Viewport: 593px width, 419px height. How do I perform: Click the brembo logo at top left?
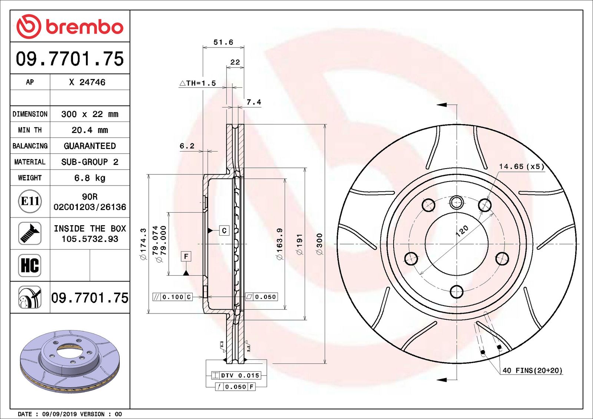[70, 27]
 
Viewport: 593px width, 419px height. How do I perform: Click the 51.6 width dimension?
[223, 42]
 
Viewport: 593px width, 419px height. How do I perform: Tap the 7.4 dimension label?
[254, 102]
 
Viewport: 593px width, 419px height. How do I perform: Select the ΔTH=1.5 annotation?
[198, 83]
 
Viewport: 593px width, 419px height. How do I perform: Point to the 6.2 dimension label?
[187, 146]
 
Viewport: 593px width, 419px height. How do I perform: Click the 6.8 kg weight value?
[90, 178]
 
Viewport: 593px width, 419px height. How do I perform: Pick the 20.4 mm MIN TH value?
[90, 130]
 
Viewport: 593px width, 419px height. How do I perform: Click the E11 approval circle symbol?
[30, 201]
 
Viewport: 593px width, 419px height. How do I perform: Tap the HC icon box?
[30, 265]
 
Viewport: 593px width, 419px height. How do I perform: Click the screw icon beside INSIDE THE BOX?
[30, 233]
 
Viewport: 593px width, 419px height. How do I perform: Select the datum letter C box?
[224, 230]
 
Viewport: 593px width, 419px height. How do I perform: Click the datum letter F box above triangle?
[186, 256]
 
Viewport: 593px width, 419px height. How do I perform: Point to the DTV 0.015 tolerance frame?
[236, 375]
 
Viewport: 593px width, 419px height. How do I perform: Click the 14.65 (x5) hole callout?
[521, 166]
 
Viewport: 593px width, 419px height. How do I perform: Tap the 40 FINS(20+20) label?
[532, 370]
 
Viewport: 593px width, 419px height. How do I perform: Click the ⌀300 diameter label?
[319, 244]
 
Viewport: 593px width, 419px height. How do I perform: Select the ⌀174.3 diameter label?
[143, 244]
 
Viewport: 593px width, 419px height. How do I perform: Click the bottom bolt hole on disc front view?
[457, 292]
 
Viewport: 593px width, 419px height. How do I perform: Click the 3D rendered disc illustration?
[70, 361]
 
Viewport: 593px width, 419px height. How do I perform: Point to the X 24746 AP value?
[87, 82]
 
